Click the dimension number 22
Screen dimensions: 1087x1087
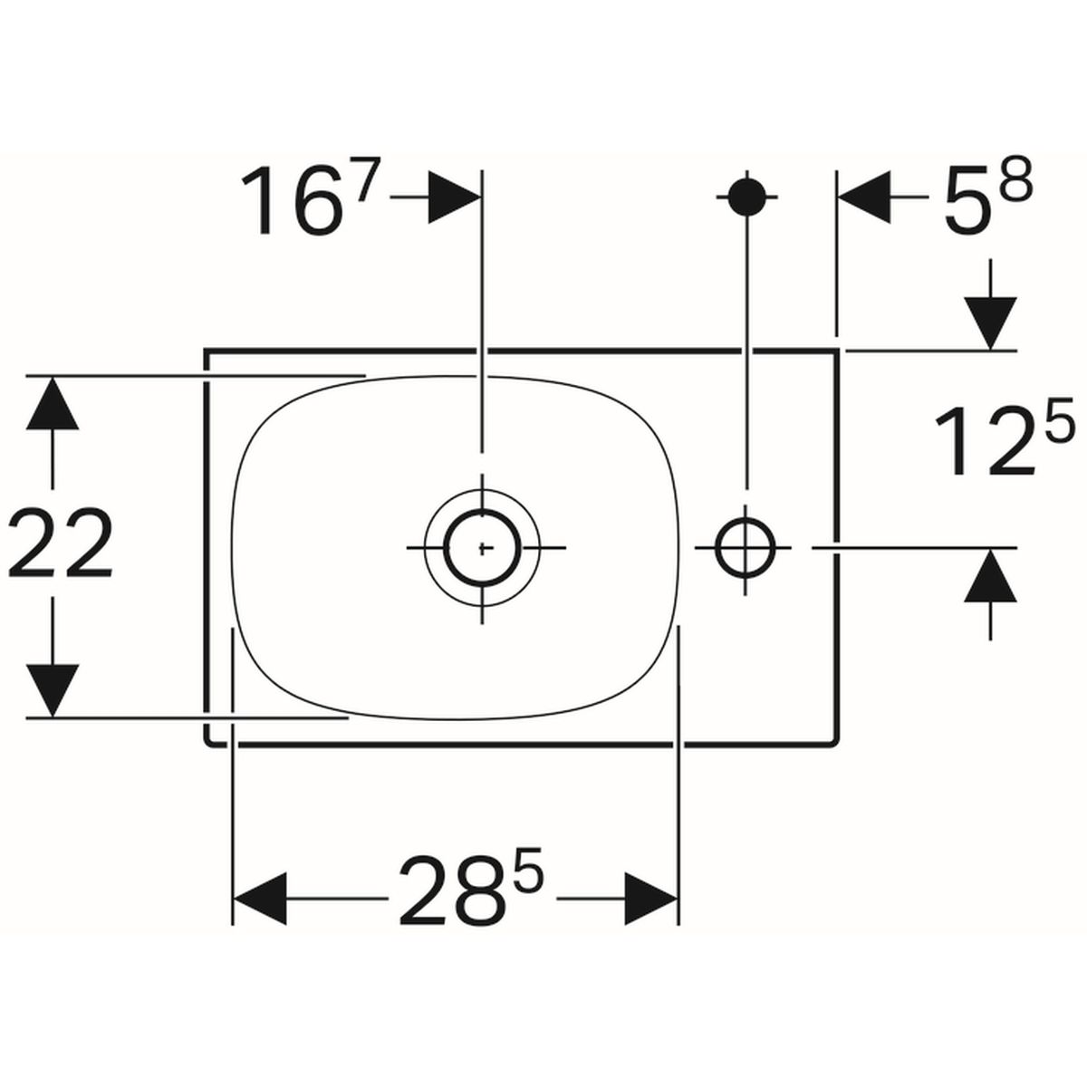tap(61, 542)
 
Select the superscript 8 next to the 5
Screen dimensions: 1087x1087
tap(1015, 178)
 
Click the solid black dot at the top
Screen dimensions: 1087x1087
tap(746, 197)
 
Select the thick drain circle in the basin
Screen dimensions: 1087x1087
tap(482, 547)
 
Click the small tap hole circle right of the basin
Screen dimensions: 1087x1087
tap(746, 547)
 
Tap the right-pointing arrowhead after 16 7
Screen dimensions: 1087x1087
tap(455, 197)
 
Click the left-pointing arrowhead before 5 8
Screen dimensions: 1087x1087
tap(865, 197)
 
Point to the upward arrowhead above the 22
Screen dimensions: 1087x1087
tap(52, 403)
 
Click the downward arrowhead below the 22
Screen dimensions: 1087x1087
tap(52, 691)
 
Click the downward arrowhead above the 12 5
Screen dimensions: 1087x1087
tap(991, 323)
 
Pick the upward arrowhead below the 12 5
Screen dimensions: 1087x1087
tap(991, 575)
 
